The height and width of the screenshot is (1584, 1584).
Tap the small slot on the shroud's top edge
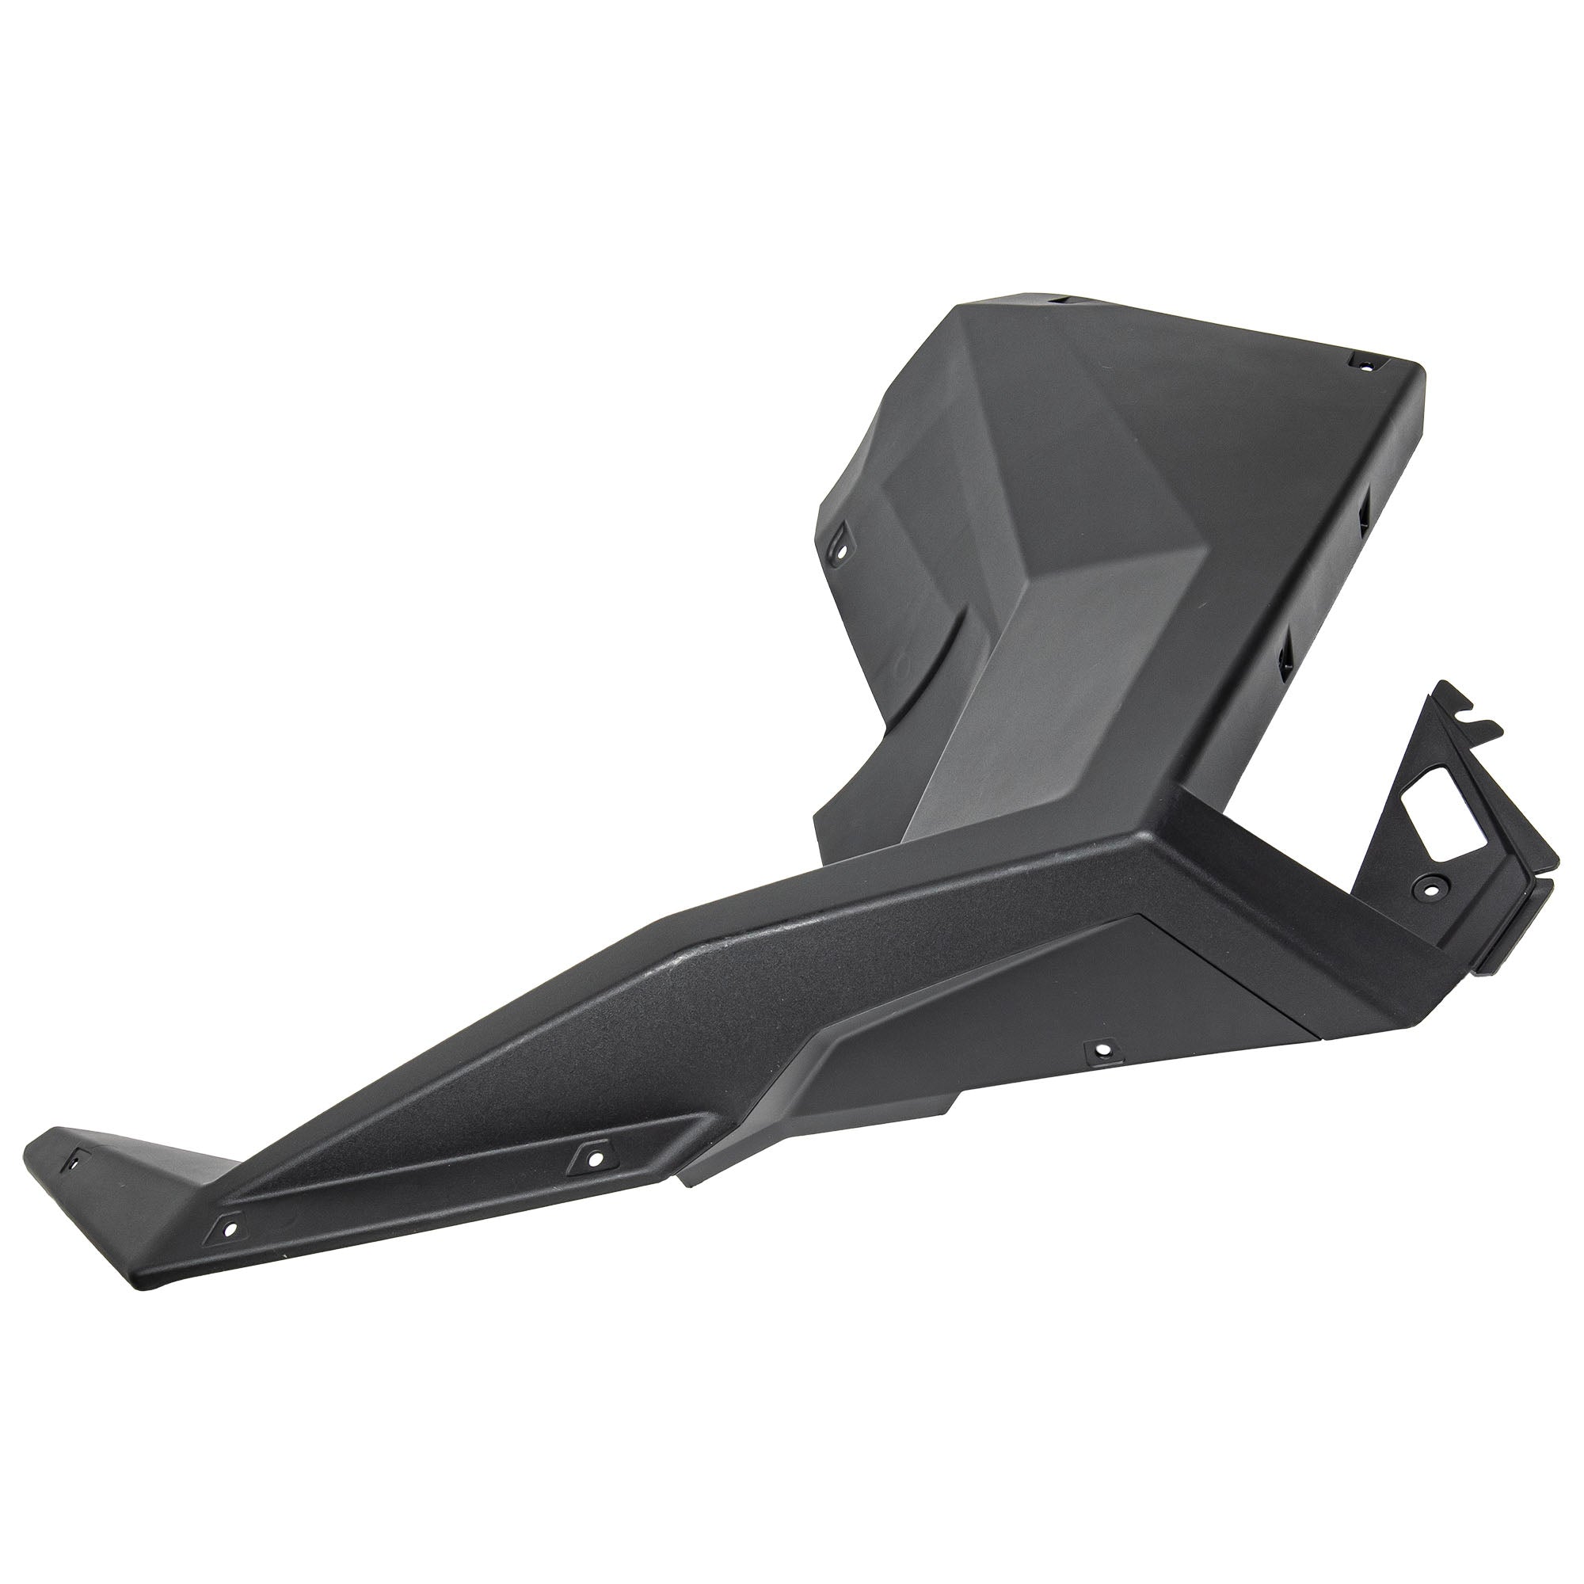click(1063, 301)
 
